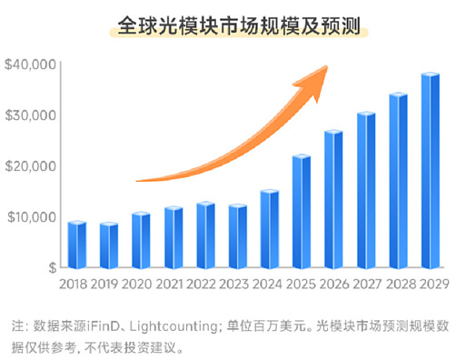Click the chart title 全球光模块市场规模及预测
coord(232,26)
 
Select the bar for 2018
coord(77,245)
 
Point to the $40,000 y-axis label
coord(31,65)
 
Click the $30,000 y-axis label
coord(31,115)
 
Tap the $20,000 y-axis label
coord(31,166)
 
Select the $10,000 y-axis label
coord(31,217)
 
